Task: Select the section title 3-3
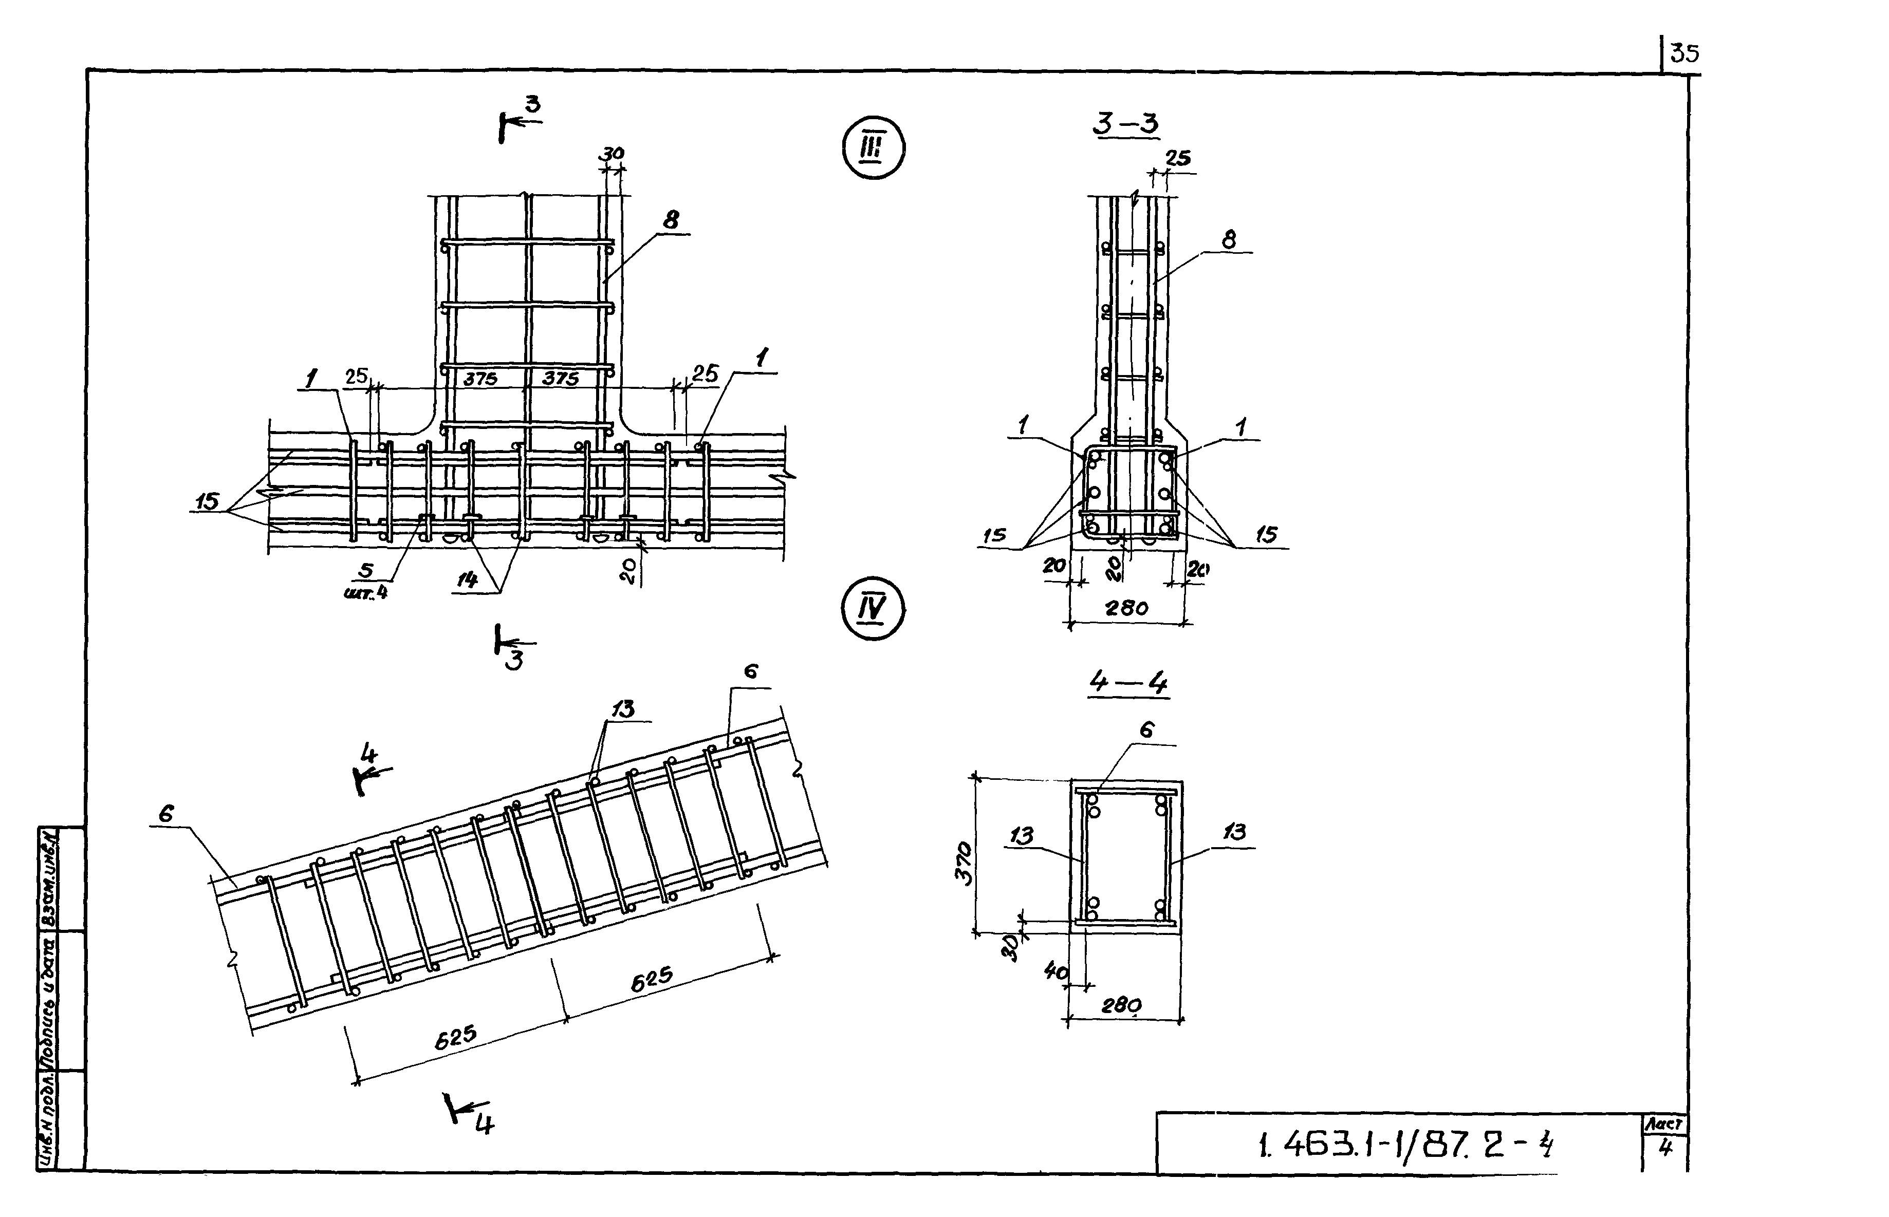point(1125,124)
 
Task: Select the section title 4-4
point(1128,682)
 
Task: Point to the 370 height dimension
point(965,863)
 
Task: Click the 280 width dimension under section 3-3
point(1126,608)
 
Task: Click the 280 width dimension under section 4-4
point(1122,1005)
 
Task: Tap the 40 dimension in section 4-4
point(1056,972)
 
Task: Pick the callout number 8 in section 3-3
point(1228,239)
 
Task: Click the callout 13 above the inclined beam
point(624,709)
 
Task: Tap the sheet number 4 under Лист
point(1665,1148)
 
